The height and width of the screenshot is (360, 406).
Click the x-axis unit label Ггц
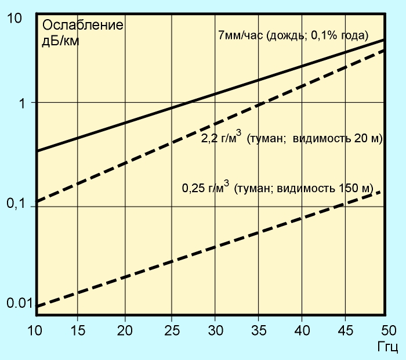point(386,347)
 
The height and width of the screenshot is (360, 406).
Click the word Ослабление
point(82,26)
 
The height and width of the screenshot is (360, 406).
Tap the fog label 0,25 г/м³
point(206,188)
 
